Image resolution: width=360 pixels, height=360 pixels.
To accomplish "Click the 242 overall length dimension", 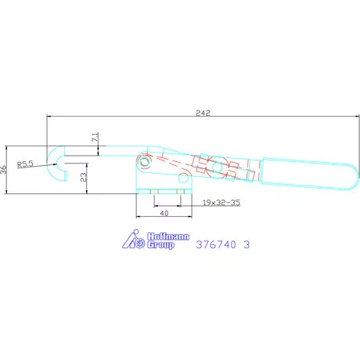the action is coord(203,113).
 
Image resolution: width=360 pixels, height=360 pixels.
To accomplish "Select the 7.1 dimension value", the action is coord(95,137).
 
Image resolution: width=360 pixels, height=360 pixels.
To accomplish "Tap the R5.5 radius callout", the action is coord(25,164).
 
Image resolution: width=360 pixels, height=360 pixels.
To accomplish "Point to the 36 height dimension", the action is coord(4,170).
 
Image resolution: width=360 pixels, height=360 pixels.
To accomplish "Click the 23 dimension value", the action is coord(84,178).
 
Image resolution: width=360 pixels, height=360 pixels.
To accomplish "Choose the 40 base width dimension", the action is coord(164,213).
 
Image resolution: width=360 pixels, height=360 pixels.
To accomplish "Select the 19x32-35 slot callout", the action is coord(221,203).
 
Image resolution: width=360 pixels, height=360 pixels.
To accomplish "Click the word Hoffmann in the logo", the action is coord(168,236).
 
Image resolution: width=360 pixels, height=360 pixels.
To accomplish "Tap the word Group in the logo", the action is coord(160,245).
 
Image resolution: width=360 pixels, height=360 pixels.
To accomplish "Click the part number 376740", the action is coord(216,244).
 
